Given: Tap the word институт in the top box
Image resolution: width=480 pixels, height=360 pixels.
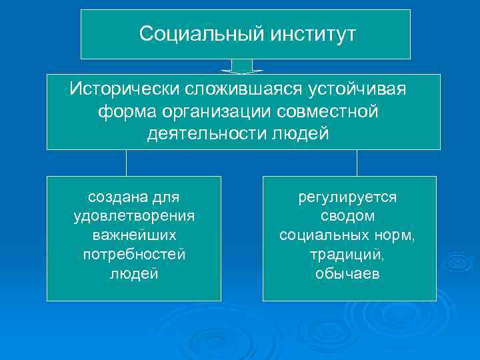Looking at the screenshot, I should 313,34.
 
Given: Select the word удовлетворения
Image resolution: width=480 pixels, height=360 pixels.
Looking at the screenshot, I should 134,217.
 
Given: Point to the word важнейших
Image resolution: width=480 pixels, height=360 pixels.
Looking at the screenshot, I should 134,236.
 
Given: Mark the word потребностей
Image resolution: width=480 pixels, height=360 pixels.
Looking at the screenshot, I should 134,255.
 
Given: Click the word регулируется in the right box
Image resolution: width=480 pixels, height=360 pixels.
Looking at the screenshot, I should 347,197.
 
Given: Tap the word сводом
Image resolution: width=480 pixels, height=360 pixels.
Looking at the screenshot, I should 347,217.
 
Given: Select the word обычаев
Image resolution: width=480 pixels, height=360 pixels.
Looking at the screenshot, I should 347,274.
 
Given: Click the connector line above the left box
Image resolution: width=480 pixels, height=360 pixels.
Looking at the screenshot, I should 127,163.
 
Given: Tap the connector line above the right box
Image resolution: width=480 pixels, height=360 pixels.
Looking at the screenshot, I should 357,163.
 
